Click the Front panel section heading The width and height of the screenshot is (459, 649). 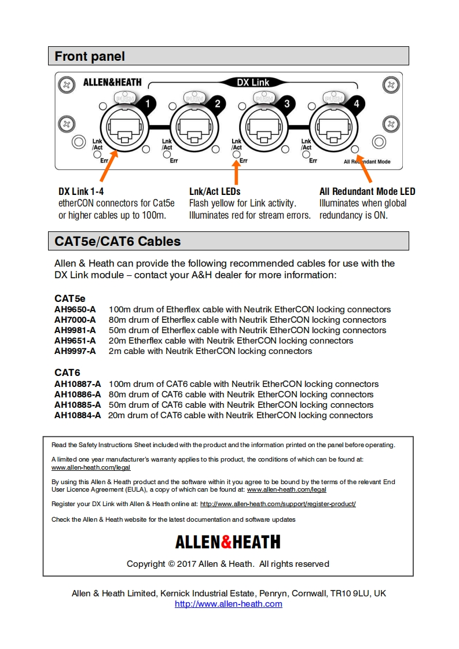[x=90, y=56]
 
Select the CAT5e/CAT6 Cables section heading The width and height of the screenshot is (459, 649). [x=117, y=241]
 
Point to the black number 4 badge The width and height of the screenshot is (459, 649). [x=357, y=104]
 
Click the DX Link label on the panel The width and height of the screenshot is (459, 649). [x=253, y=82]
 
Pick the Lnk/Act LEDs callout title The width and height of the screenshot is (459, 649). [x=215, y=191]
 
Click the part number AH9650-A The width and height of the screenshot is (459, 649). [x=75, y=309]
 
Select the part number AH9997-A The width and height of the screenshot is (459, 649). [x=75, y=351]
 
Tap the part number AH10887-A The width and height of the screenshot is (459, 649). [x=78, y=384]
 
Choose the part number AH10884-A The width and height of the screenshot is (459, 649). [x=78, y=415]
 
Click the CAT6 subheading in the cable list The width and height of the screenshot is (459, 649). [x=67, y=373]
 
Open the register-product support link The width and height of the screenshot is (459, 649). [x=278, y=504]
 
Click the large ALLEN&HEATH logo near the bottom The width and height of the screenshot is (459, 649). [x=227, y=542]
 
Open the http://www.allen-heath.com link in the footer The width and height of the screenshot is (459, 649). [x=229, y=604]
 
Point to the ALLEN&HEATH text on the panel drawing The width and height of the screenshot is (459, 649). [x=112, y=82]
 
